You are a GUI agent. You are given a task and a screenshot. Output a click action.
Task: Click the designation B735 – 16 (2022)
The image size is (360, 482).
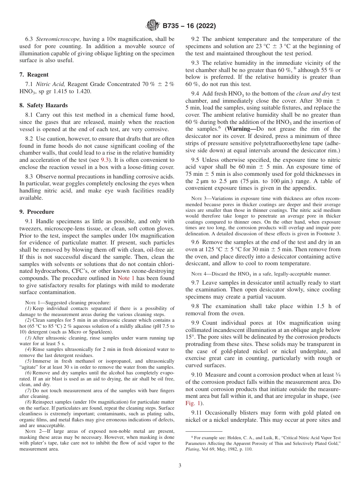coord(189,26)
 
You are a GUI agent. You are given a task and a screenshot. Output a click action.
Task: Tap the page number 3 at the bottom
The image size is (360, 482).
coord(180,466)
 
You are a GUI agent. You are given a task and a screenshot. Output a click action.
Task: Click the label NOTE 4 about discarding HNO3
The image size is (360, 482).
coord(199,274)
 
